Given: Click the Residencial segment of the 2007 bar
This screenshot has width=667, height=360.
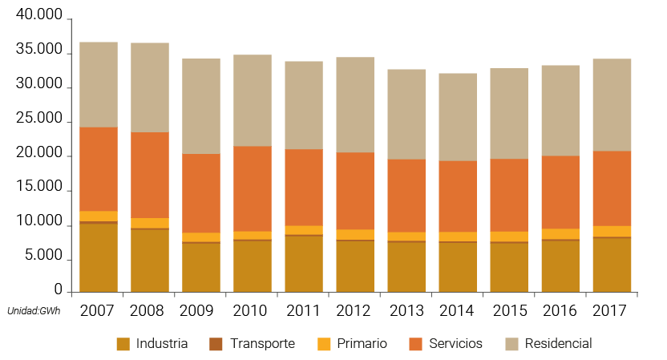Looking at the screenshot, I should [99, 84].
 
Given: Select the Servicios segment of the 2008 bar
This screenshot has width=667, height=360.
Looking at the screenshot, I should [150, 175].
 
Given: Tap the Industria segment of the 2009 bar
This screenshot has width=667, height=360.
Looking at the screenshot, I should [201, 267].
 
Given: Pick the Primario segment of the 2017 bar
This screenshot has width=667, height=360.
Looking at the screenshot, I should [612, 231].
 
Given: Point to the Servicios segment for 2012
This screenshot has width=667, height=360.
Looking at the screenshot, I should [355, 191].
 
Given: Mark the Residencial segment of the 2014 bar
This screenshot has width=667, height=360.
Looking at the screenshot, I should [458, 117].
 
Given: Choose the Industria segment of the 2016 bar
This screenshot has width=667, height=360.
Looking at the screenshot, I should [560, 265].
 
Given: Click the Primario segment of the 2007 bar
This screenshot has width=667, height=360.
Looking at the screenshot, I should [99, 216].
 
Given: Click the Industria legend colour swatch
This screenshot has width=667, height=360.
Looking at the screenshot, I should [123, 344].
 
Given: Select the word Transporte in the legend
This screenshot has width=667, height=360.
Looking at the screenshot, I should [262, 343].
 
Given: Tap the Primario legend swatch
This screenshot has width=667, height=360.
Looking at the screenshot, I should [323, 344].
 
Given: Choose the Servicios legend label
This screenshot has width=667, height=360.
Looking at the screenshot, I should [455, 343].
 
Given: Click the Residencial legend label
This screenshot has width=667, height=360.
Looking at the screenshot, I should [558, 343].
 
